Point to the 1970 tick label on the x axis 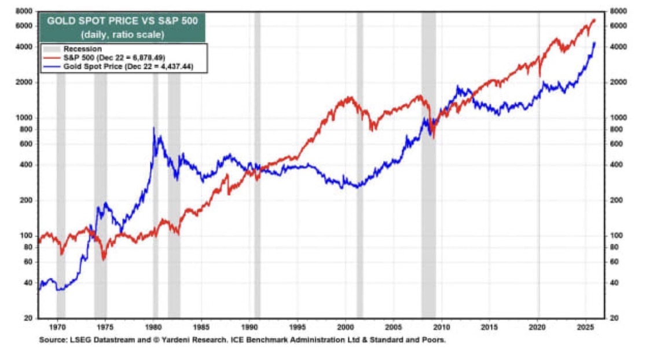(x=57, y=327)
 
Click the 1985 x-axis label (x=201, y=327)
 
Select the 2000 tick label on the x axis (x=346, y=327)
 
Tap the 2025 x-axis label (x=586, y=327)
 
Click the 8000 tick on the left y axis (x=23, y=11)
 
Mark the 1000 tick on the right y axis (x=619, y=117)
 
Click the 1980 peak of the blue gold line (x=153, y=128)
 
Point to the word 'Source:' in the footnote (x=52, y=340)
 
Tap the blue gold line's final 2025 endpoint (x=594, y=43)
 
